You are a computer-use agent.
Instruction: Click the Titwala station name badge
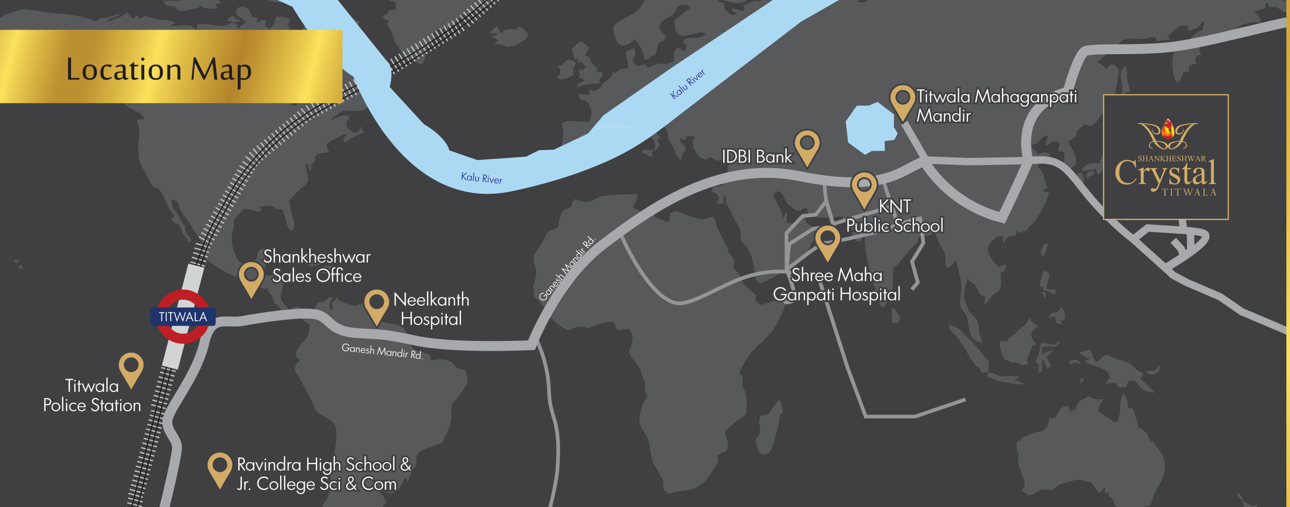[x=182, y=317]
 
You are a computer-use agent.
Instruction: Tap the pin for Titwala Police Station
[x=131, y=366]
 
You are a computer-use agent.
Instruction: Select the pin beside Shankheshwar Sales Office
[x=251, y=276]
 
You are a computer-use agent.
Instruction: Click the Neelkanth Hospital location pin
[x=376, y=304]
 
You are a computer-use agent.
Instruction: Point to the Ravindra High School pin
[x=220, y=466]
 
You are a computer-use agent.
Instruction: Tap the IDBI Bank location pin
[x=807, y=144]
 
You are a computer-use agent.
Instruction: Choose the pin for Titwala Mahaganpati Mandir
[x=903, y=99]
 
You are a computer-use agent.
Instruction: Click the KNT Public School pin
[x=864, y=186]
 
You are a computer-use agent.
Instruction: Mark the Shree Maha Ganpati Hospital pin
[x=827, y=239]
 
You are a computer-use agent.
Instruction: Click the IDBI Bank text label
[x=756, y=157]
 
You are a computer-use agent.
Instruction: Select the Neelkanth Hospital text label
[x=431, y=309]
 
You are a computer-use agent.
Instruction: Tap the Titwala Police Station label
[x=92, y=396]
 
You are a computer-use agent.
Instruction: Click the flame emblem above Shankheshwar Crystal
[x=1168, y=130]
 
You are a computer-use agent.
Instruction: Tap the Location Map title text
[x=159, y=70]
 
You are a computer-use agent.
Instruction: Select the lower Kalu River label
[x=481, y=178]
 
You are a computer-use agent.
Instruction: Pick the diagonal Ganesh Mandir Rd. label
[x=567, y=268]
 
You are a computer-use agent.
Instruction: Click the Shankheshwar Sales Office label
[x=317, y=266]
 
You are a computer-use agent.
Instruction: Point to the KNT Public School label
[x=894, y=216]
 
